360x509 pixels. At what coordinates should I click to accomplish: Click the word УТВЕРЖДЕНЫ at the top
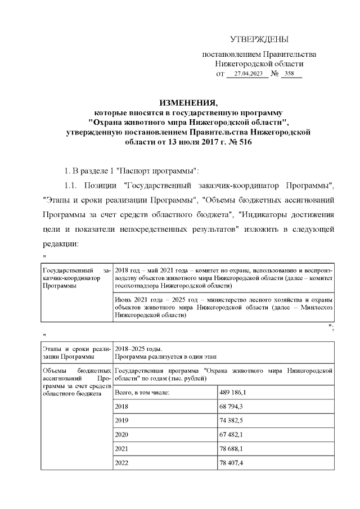pos(259,39)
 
